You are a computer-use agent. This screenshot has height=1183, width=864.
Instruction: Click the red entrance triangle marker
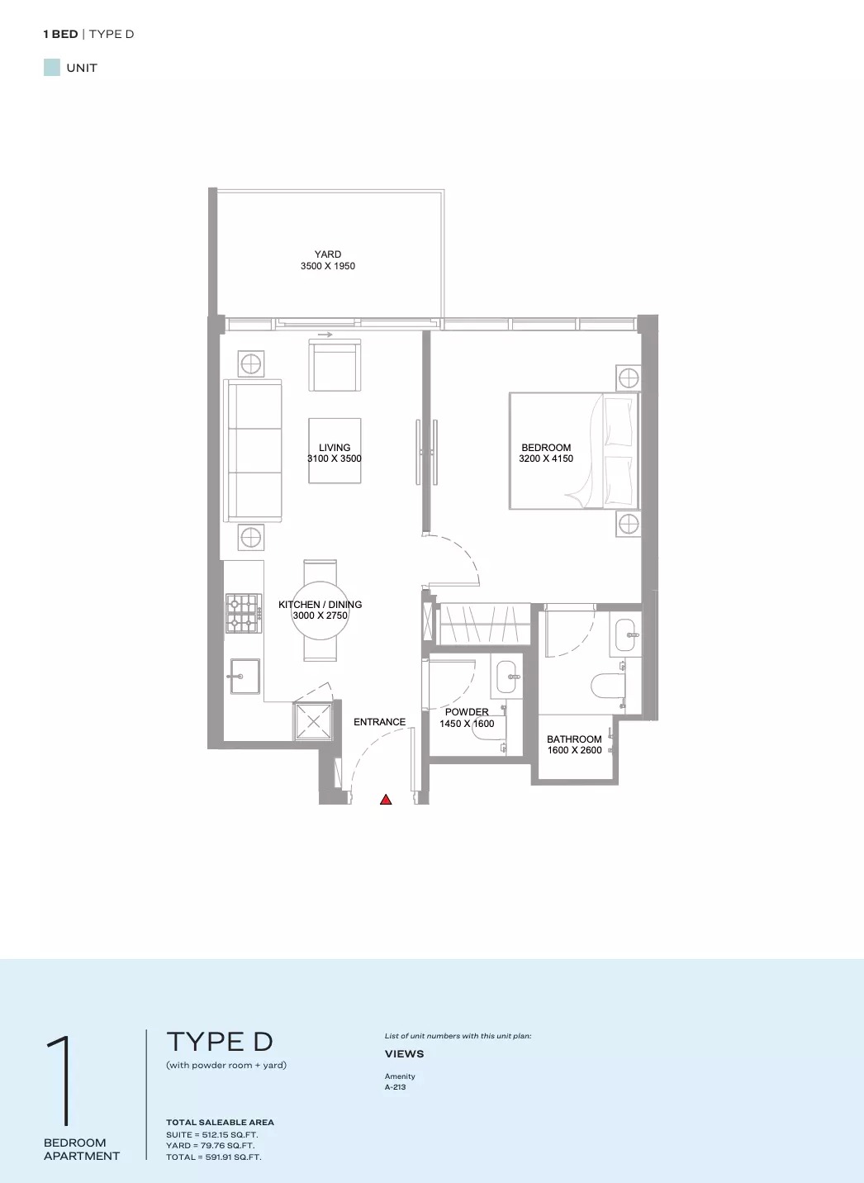pos(386,800)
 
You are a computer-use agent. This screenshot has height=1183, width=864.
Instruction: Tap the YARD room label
pos(328,254)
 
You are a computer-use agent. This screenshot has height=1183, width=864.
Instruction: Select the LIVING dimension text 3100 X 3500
pos(335,458)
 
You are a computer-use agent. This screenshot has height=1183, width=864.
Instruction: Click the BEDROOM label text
pos(546,448)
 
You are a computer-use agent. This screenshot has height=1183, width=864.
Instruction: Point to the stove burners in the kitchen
pos(244,614)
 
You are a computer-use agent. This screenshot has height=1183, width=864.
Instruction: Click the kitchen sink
pos(244,676)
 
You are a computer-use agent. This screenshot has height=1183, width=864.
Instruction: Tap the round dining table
pos(320,611)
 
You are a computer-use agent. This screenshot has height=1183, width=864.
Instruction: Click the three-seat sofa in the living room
pos(254,450)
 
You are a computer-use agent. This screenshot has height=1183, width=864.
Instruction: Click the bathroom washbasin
pos(625,634)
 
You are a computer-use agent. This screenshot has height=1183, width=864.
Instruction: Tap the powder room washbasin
pos(506,677)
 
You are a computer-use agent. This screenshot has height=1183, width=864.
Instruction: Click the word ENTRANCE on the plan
pos(379,722)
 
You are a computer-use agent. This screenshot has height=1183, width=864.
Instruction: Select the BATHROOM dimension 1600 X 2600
pos(574,750)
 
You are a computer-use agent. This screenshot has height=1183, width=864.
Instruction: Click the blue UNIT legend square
pos(52,68)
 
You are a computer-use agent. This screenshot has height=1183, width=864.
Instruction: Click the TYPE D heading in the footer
pos(219,1042)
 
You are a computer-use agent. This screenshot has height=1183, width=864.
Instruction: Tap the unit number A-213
pos(395,1087)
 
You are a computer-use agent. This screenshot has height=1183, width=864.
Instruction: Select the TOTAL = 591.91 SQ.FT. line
pos(213,1157)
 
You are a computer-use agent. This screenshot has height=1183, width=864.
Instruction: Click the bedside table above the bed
pos(629,378)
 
